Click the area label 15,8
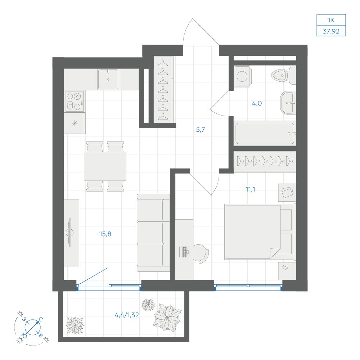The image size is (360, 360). click(x=105, y=234)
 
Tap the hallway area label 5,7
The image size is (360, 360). click(x=201, y=130)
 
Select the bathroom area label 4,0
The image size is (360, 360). click(x=257, y=103)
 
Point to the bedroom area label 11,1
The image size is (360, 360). click(x=250, y=189)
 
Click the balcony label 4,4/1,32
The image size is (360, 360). click(x=127, y=315)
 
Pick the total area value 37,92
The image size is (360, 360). click(x=331, y=31)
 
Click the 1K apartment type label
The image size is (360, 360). click(x=331, y=20)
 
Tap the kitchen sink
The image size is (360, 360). click(x=108, y=79)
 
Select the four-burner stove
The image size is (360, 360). click(x=74, y=101)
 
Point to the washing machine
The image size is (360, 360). click(x=242, y=76)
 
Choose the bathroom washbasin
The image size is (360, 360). click(x=288, y=103)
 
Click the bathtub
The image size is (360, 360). click(x=265, y=133)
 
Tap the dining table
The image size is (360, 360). click(x=105, y=166)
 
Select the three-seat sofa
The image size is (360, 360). click(x=153, y=233)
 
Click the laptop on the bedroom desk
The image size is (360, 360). click(x=184, y=252)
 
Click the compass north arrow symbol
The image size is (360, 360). click(x=33, y=327)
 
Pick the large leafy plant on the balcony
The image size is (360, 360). click(x=167, y=318)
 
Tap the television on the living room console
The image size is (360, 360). click(x=69, y=233)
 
